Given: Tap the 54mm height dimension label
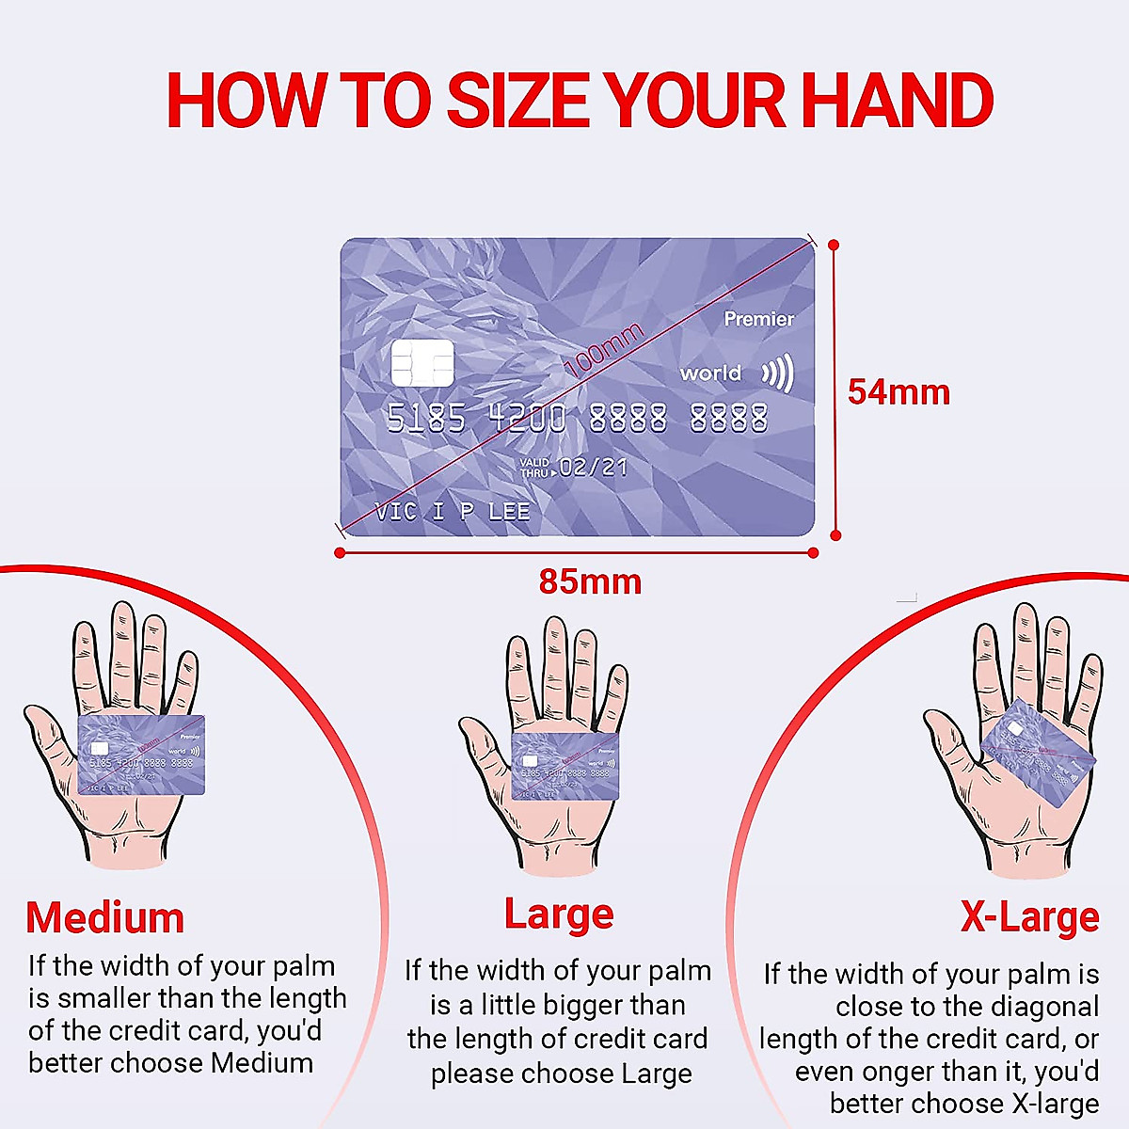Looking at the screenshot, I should pos(898,392).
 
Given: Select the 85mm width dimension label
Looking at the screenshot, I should pos(590,581).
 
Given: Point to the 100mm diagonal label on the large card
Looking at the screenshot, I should pos(603,349).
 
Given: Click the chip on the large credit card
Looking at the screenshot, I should pos(422,363).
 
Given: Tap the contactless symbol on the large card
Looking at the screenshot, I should pos(778,374).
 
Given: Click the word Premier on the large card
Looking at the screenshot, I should pos(758,319).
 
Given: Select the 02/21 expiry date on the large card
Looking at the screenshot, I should pos(593,467).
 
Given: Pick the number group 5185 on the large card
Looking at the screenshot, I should pos(425,419).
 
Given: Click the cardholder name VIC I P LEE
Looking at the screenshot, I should pos(453,512).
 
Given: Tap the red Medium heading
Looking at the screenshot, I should pos(104,917).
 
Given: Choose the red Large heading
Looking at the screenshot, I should pos(559,914).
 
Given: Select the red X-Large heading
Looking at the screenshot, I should pos(1029,916).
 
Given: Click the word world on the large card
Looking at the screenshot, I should pos(710,374).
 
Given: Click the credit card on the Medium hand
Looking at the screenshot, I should pos(141,755).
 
